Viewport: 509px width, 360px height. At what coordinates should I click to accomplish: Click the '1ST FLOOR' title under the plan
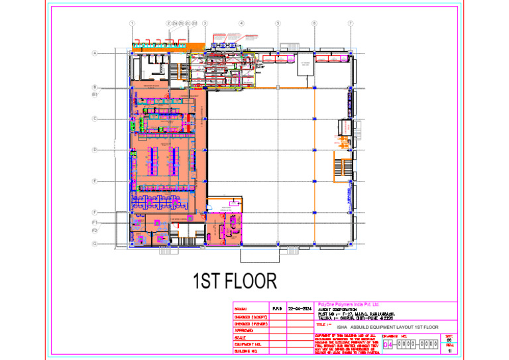coord(235,282)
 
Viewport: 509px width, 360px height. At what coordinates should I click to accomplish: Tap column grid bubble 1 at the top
coord(133,24)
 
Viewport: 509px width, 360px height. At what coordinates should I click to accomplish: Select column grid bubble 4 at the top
coord(241,24)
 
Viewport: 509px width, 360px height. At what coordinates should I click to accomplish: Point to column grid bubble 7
coord(351,24)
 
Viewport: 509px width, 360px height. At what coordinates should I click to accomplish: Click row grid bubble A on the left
coord(95,53)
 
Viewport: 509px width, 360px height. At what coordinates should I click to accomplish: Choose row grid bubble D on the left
coord(95,150)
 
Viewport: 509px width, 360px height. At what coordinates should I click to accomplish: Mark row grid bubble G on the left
coord(95,244)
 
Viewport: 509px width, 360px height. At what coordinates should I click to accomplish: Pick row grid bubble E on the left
coord(95,181)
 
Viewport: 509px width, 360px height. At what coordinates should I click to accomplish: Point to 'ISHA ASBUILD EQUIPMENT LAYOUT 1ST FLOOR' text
coord(388,328)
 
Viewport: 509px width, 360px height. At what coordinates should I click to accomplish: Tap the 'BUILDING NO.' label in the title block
coord(247,352)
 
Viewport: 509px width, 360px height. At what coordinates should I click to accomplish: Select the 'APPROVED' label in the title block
coord(245,330)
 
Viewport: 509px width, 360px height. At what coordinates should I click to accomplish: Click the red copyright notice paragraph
coord(345,344)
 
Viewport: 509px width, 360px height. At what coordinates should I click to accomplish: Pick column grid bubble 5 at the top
coord(278,24)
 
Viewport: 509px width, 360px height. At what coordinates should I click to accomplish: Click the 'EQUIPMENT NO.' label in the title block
coord(248,345)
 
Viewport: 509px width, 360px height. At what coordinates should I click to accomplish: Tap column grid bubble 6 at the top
coord(314,24)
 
